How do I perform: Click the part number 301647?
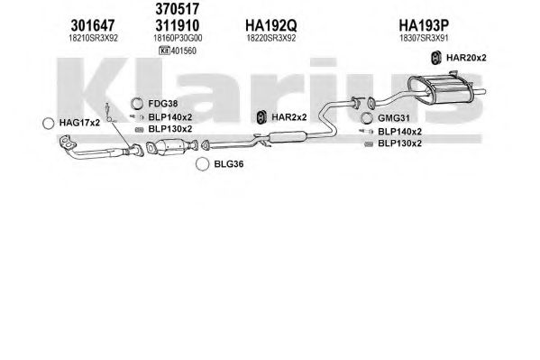[93, 25]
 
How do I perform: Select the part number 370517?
[177, 9]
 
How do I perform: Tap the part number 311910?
[177, 25]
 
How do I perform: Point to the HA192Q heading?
[270, 25]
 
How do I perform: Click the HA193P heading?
[424, 25]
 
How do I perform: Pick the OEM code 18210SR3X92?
[93, 38]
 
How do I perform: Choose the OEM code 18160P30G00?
[178, 38]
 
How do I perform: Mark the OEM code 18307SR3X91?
[424, 38]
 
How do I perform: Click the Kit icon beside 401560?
[164, 51]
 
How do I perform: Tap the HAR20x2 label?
[466, 58]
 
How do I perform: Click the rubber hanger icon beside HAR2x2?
[262, 117]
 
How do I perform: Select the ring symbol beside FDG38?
[137, 104]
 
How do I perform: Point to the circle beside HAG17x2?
[48, 123]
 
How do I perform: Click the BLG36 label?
[229, 164]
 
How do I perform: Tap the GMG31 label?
[394, 118]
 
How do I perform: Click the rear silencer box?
[440, 89]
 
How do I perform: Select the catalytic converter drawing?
[171, 147]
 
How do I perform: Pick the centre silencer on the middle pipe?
[288, 137]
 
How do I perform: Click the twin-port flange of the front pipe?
[67, 143]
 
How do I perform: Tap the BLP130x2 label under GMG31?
[399, 143]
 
